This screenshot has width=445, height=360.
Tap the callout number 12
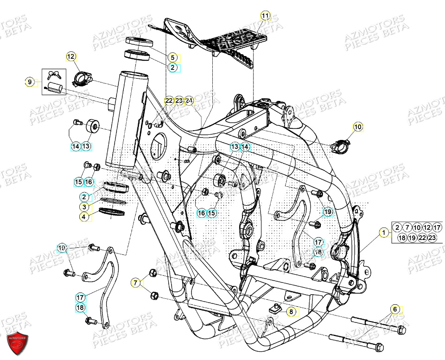[x=70, y=57]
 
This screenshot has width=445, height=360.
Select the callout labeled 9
[x=30, y=82]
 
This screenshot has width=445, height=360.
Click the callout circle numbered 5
[x=172, y=57]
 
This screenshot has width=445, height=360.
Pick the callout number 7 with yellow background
[x=136, y=282]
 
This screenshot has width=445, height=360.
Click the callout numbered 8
[x=291, y=312]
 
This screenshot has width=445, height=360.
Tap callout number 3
[x=84, y=207]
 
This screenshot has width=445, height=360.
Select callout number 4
[x=84, y=216]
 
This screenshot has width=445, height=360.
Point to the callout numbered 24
[x=189, y=101]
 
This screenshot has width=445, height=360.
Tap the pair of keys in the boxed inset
[x=54, y=74]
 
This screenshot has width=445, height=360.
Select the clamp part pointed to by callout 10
[x=342, y=144]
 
